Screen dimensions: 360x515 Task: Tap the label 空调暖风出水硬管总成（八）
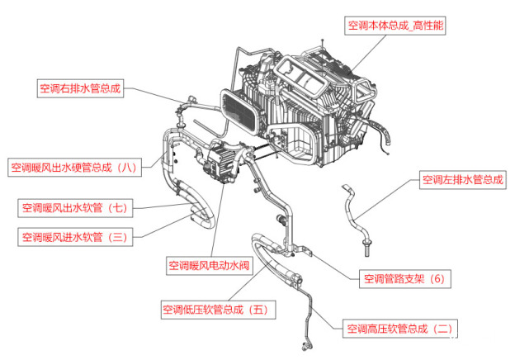[x=73, y=168]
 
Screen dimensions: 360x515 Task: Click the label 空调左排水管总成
[x=462, y=179]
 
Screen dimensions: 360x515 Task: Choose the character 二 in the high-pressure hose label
[x=442, y=329]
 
